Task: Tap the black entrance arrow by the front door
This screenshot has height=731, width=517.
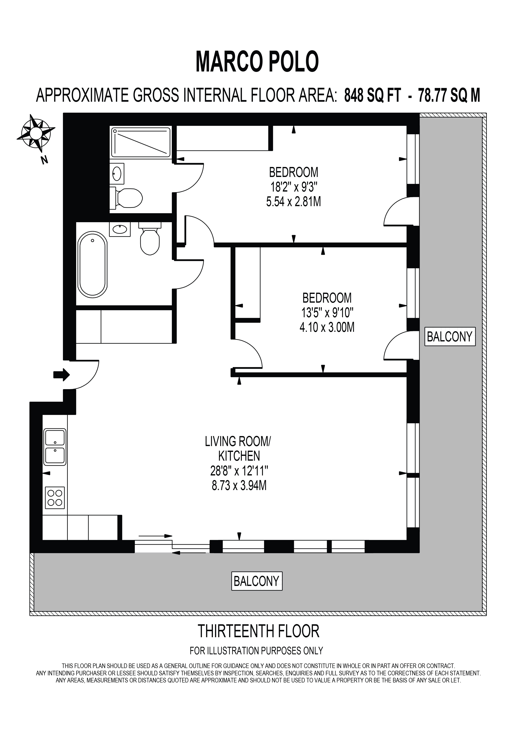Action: [61, 375]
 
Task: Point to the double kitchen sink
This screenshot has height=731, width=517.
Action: [55, 447]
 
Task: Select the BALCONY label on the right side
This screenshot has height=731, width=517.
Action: [450, 337]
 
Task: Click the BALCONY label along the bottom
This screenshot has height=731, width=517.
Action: [257, 581]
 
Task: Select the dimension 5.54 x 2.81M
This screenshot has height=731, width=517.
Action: [294, 202]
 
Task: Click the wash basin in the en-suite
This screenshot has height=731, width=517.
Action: [117, 173]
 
